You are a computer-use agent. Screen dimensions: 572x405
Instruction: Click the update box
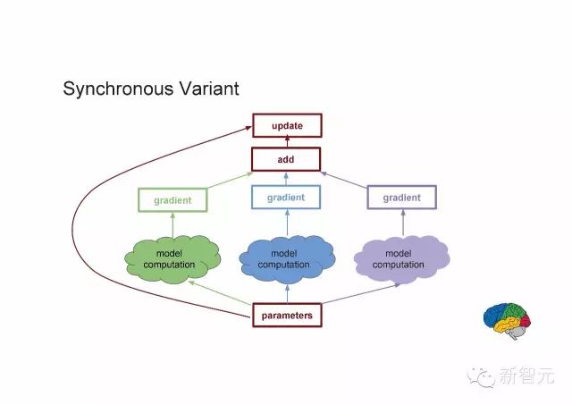pyautogui.click(x=287, y=125)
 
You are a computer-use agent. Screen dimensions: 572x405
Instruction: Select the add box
pyautogui.click(x=286, y=159)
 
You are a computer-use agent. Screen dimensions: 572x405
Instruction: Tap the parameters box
pyautogui.click(x=287, y=316)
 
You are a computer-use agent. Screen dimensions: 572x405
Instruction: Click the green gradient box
pyautogui.click(x=172, y=200)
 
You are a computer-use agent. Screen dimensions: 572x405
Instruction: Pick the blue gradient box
pyautogui.click(x=286, y=197)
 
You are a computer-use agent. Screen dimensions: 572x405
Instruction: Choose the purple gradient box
pyautogui.click(x=401, y=198)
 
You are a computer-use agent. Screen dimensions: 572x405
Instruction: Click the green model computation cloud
pyautogui.click(x=172, y=259)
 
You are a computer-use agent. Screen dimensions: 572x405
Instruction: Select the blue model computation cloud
pyautogui.click(x=287, y=259)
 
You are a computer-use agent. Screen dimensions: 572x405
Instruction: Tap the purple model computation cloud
pyautogui.click(x=401, y=259)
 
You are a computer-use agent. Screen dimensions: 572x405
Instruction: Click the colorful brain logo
pyautogui.click(x=507, y=321)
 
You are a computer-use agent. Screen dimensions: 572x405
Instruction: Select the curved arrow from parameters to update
pyautogui.click(x=72, y=226)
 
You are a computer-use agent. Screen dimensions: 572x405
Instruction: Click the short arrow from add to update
pyautogui.click(x=287, y=141)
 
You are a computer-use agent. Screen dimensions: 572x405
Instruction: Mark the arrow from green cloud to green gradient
pyautogui.click(x=172, y=224)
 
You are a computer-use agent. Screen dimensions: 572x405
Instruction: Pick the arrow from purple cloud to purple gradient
pyautogui.click(x=403, y=223)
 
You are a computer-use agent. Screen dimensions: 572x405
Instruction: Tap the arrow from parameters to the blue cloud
pyautogui.click(x=287, y=294)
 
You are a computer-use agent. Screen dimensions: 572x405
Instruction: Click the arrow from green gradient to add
pyautogui.click(x=230, y=181)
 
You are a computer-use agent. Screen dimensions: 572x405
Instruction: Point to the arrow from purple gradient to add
pyautogui.click(x=343, y=180)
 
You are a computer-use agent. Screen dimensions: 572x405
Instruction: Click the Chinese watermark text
pyautogui.click(x=526, y=375)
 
